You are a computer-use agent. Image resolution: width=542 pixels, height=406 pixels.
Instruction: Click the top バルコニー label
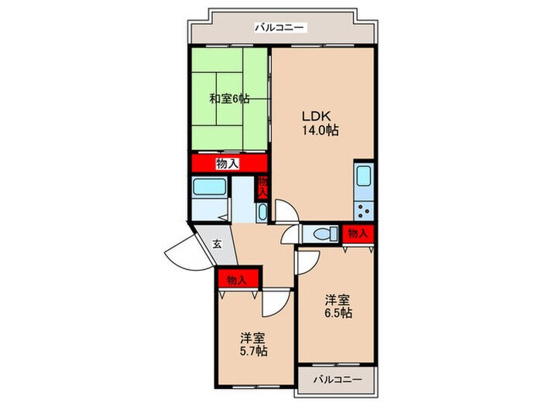click(x=280, y=27)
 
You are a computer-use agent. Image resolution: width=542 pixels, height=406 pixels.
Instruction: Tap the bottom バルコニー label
click(x=338, y=380)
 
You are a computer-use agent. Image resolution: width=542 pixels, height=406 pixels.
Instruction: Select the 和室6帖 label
click(x=229, y=99)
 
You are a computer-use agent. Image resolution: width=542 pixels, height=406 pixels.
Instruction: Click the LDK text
click(x=317, y=116)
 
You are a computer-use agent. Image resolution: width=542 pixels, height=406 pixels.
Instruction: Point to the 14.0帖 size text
click(x=321, y=131)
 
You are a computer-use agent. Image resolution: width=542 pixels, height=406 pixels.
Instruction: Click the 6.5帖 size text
click(x=338, y=312)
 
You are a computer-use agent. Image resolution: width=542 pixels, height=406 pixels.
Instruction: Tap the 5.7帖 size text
click(x=253, y=351)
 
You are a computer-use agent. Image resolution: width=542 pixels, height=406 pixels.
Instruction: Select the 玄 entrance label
click(x=217, y=244)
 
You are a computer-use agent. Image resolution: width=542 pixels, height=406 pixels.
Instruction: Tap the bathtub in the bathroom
click(x=210, y=187)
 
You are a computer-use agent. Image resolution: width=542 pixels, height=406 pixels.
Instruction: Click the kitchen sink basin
click(x=364, y=176)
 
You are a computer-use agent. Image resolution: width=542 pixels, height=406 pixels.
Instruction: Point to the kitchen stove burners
click(x=363, y=211)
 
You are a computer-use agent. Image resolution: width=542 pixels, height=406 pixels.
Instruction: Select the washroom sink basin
click(x=262, y=213)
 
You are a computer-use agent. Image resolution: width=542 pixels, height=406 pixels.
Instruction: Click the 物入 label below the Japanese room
click(x=227, y=163)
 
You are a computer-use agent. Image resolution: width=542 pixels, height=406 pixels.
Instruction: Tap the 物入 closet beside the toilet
click(x=358, y=234)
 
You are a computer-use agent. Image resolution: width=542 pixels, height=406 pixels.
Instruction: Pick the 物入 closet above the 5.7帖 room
click(x=238, y=279)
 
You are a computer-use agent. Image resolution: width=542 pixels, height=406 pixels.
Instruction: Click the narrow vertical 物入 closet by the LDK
click(x=262, y=188)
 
